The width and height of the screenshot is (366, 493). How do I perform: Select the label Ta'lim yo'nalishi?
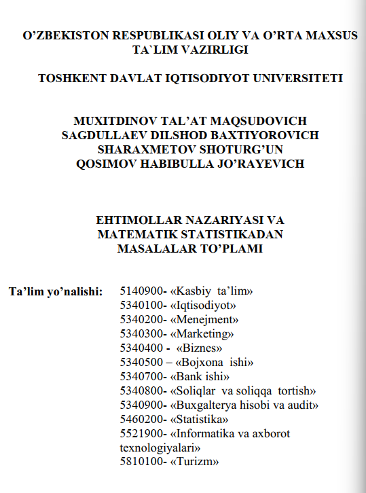click(55, 292)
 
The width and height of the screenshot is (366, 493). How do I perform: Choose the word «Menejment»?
click(204, 320)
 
